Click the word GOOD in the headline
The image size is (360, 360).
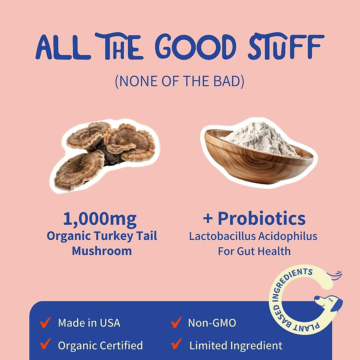point(195,47)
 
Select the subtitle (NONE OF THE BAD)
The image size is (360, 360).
point(179,81)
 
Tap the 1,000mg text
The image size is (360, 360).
point(100,219)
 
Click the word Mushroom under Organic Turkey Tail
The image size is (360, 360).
point(102,251)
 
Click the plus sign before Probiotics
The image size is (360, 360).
point(208,218)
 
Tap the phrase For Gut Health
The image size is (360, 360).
point(254,251)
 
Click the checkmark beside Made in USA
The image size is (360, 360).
point(45,322)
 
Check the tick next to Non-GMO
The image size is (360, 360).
point(176,322)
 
